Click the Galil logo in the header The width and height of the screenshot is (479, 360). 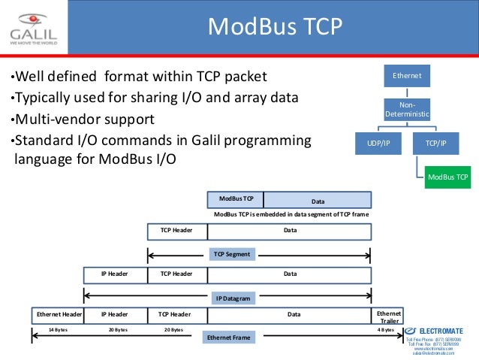tap(34, 28)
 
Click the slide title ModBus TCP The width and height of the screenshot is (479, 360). tap(274, 28)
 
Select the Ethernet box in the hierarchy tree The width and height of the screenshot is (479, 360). tap(408, 76)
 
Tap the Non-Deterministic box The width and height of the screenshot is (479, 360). tap(408, 110)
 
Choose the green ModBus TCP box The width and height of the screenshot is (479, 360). tap(447, 177)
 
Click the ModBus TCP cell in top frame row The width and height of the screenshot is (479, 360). tap(236, 199)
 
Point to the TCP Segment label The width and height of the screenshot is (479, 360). tap(231, 254)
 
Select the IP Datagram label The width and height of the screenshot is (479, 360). tap(232, 298)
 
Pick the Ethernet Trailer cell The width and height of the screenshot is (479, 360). tap(389, 316)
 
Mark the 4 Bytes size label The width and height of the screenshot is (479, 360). tap(386, 330)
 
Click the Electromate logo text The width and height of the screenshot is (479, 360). tap(440, 331)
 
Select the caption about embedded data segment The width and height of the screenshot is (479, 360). tap(292, 214)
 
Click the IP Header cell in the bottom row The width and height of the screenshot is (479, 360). tap(115, 314)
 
